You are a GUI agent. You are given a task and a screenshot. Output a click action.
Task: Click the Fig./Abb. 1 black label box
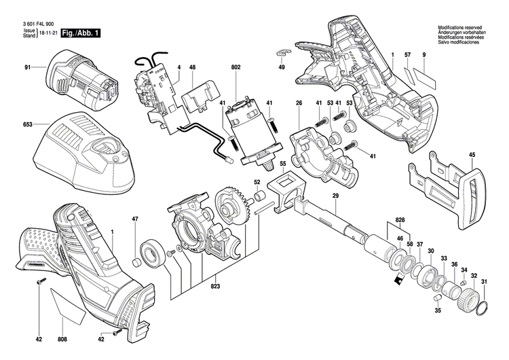[x=79, y=33]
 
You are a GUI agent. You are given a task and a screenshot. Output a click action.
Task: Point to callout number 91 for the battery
[x=28, y=67]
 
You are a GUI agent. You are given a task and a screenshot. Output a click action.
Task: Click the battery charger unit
[x=85, y=146]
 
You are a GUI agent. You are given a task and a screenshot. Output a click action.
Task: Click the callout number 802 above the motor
[x=237, y=67]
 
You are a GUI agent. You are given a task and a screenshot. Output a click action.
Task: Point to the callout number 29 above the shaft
[x=335, y=196]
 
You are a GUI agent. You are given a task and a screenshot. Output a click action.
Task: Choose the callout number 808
[x=62, y=339]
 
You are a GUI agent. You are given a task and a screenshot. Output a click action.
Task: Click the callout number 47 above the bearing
[x=135, y=219]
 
